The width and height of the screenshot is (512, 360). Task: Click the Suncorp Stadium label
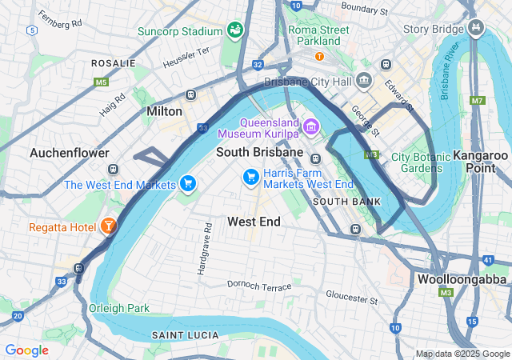179,31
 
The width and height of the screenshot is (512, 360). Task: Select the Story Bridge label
433,30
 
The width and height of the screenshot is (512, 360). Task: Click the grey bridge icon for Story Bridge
477,29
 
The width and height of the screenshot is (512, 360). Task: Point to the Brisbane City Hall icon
365,80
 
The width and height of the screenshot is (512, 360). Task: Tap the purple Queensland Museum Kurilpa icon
310,126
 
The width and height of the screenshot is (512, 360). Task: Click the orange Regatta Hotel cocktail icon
108,227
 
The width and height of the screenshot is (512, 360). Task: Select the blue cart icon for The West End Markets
188,184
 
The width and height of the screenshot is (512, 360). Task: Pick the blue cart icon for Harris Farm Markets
250,176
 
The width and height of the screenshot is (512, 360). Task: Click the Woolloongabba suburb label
462,280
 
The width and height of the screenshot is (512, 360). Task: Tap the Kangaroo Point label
480,161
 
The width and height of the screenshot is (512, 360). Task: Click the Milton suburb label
165,112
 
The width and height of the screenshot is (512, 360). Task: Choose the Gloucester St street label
350,297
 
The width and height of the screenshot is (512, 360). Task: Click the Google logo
27,350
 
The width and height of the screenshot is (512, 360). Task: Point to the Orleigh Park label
119,308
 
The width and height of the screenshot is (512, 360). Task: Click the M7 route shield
478,100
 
